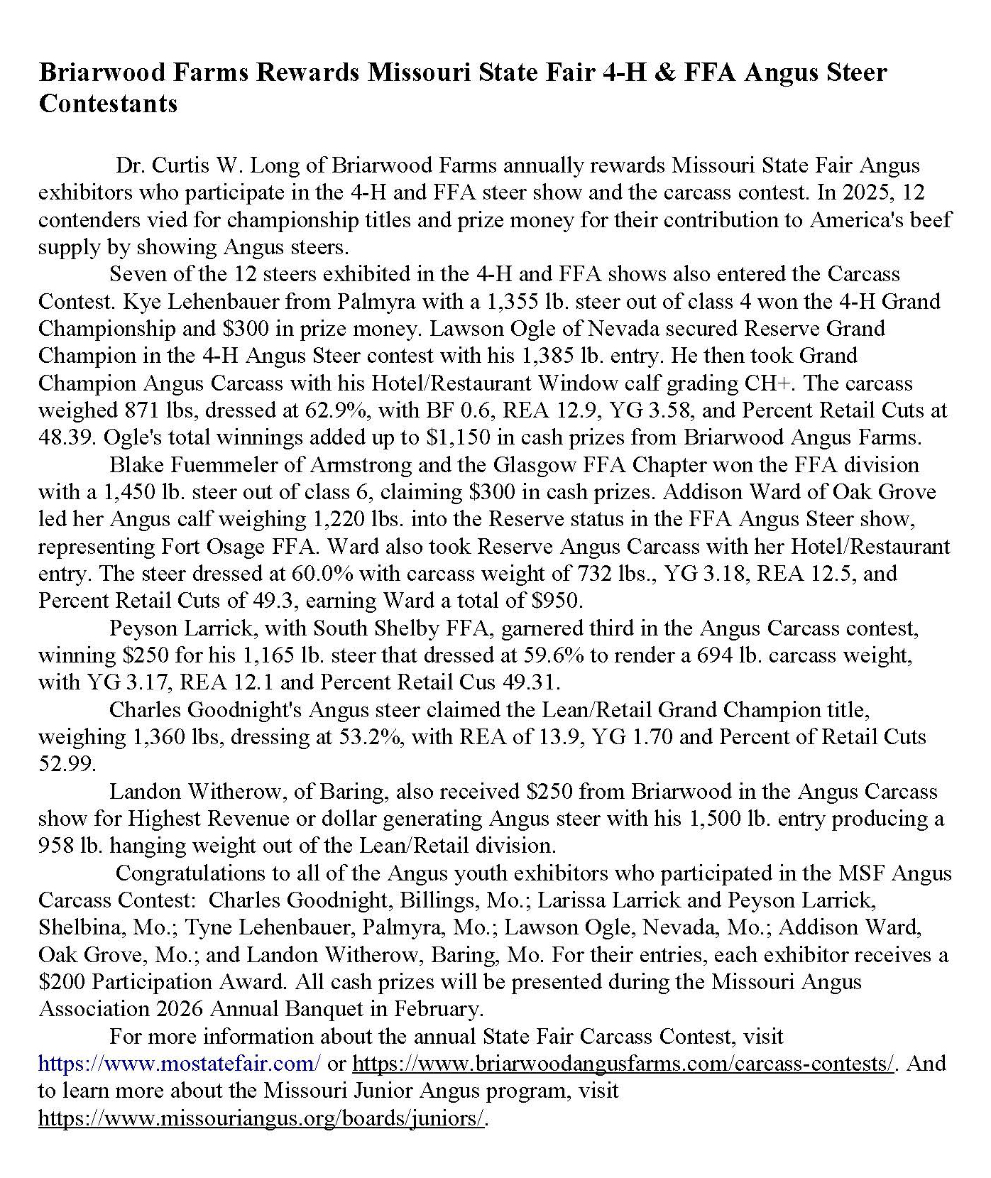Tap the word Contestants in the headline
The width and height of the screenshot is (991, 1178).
coord(108,104)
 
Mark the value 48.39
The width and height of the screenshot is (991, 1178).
coord(60,437)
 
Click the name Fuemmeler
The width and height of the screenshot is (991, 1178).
coord(210,465)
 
